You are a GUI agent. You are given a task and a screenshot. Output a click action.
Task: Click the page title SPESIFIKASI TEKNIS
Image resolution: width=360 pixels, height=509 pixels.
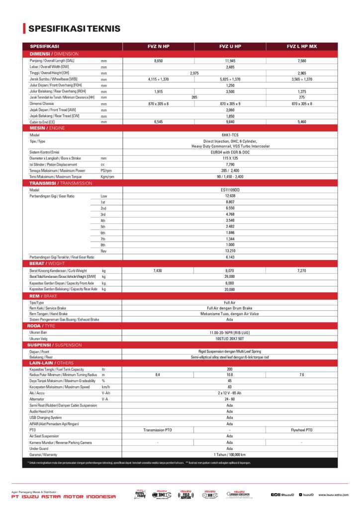click(x=74, y=29)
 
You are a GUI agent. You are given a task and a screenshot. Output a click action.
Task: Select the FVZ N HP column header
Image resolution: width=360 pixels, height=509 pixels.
click(x=158, y=46)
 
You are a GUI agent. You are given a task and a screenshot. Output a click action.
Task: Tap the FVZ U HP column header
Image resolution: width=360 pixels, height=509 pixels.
click(x=230, y=46)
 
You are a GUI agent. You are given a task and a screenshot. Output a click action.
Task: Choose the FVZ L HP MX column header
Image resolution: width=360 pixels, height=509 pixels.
click(x=302, y=46)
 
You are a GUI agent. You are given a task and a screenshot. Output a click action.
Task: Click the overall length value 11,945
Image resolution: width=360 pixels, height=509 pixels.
click(x=230, y=60)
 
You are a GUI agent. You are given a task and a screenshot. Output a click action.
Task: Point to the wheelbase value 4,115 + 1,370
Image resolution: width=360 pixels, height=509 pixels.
click(x=158, y=79)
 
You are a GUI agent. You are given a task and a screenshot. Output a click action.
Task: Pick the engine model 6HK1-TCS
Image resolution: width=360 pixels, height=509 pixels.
click(x=230, y=135)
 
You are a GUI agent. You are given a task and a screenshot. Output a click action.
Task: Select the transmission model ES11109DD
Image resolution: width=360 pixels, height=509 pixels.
click(x=230, y=190)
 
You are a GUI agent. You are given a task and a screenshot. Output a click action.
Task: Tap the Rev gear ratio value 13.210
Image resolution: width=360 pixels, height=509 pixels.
click(x=230, y=251)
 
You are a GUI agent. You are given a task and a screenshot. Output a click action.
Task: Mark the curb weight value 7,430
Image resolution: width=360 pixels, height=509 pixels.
click(x=158, y=270)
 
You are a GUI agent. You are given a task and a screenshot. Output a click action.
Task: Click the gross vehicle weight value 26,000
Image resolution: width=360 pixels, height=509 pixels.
click(x=230, y=276)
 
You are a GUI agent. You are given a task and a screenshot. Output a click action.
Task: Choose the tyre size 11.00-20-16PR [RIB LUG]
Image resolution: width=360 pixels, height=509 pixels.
click(x=230, y=332)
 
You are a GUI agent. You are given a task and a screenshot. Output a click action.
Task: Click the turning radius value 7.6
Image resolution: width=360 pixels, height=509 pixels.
click(x=302, y=374)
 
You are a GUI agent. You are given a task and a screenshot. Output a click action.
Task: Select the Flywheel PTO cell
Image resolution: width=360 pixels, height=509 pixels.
click(x=302, y=430)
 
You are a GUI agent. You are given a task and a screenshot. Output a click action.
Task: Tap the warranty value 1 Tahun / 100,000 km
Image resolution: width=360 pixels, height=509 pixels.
click(x=230, y=454)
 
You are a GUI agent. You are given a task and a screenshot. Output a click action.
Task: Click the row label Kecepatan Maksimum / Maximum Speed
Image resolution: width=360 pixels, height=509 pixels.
click(x=60, y=387)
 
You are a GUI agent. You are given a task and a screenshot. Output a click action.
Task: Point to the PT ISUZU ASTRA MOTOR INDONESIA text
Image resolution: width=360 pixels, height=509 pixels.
click(x=64, y=496)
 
